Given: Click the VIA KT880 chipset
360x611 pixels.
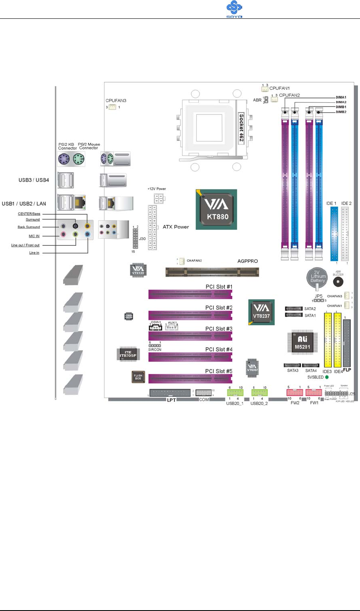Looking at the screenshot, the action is coord(216,209).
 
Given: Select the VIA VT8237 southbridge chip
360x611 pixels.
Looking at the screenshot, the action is coord(261,312).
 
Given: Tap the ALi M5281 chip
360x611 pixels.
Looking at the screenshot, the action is coord(302,342).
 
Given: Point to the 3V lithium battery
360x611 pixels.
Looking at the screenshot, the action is coord(317,277).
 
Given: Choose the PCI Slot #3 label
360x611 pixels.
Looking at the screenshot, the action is coord(219,329).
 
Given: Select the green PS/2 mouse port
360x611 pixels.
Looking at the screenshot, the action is coord(79,159).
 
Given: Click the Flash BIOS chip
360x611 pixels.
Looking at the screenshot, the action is coord(138,377).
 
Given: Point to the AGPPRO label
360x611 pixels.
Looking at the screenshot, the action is coord(248,261).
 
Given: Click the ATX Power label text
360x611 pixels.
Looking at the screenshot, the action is coord(175,227).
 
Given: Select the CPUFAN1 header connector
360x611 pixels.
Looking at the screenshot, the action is coord(265,89).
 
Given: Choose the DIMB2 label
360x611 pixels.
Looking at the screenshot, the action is coord(341,112).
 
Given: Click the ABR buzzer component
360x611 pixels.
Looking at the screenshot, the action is coord(338,281).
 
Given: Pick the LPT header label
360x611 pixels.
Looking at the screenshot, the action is coord(171,400).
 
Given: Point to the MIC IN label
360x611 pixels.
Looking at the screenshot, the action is coord(34,236).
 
